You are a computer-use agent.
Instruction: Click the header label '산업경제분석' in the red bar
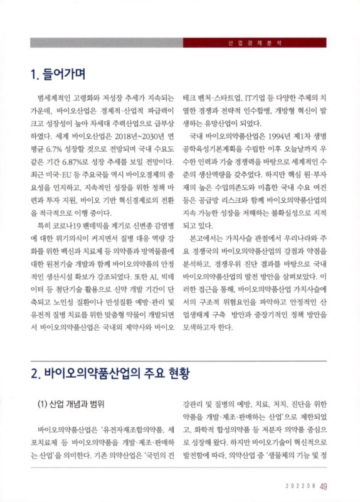255,43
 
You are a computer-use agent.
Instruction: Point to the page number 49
324,485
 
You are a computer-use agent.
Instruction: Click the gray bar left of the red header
106,43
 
